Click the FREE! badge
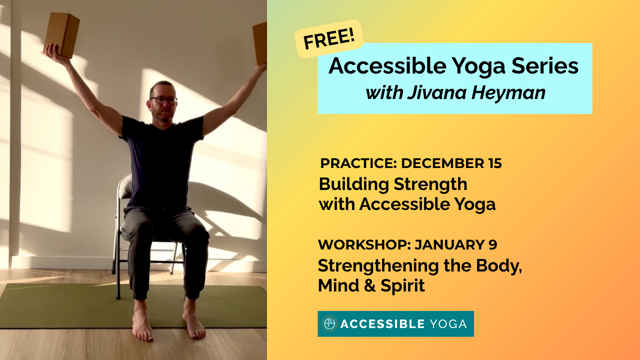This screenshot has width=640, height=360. [x=329, y=39]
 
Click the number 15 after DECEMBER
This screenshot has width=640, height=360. [x=493, y=163]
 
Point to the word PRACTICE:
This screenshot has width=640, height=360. [x=358, y=163]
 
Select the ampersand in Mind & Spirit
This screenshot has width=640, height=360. [x=370, y=285]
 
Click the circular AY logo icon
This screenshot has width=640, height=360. [x=329, y=323]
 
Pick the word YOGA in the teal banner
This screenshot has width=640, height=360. [x=448, y=324]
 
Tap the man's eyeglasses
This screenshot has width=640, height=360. [x=163, y=100]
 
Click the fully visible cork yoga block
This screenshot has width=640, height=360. [x=61, y=35]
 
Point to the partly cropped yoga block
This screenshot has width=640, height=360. [x=259, y=43]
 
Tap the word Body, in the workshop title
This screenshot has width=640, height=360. [x=499, y=266]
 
